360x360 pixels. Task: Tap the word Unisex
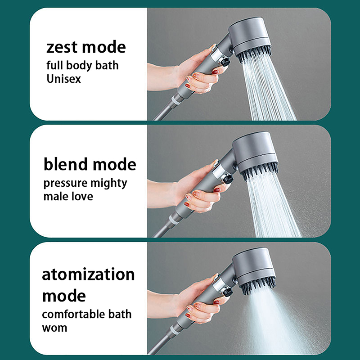[63, 79]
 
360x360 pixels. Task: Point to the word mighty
[108, 184]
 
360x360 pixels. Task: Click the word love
[82, 196]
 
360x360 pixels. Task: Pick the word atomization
[88, 274]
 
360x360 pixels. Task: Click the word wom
[54, 328]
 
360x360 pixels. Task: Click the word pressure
[65, 184]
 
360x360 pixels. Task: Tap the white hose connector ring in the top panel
[175, 100]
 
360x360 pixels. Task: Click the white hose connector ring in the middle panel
[174, 219]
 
